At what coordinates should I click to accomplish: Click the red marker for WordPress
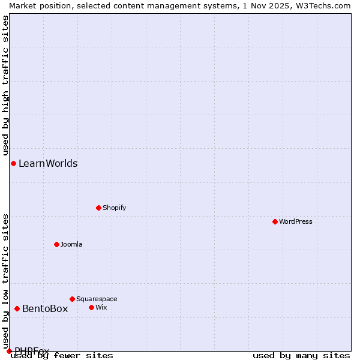pos(275,221)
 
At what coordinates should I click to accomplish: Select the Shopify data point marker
pos(98,208)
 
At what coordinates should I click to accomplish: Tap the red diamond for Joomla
pos(56,244)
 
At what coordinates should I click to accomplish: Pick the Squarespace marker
pos(72,299)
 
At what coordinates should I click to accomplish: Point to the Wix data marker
pos(91,307)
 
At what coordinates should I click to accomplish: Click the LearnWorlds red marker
pos(13,163)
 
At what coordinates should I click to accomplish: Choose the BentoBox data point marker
pos(17,308)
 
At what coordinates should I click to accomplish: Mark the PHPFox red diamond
pos(9,351)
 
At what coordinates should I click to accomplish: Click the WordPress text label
pos(296,221)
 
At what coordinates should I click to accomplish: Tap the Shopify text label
pos(114,208)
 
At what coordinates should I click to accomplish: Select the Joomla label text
pos(71,244)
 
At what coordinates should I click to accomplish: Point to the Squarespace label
pos(97,299)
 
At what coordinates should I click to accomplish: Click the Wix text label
pos(101,307)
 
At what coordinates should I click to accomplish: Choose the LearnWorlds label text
pos(48,163)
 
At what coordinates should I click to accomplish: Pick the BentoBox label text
pos(45,308)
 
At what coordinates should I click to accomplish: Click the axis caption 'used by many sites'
pos(301,355)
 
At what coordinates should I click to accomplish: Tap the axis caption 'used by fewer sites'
pos(62,355)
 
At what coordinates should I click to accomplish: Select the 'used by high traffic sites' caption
pos(5,85)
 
